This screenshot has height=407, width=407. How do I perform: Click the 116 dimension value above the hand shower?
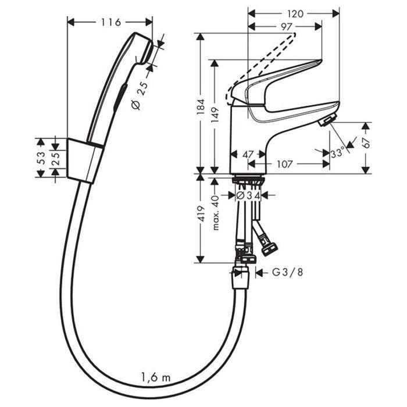(x=111, y=22)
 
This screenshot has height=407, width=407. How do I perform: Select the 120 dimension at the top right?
(x=295, y=14)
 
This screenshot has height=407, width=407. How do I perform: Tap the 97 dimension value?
(x=286, y=27)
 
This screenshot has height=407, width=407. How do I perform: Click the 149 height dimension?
(x=215, y=115)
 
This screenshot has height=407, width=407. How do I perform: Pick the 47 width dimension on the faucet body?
(x=248, y=155)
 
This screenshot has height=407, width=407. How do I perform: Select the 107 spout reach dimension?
(x=285, y=164)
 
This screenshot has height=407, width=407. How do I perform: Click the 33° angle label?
(x=337, y=153)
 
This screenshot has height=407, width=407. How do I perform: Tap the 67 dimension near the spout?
(x=366, y=143)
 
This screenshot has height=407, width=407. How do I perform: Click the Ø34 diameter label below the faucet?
(x=248, y=195)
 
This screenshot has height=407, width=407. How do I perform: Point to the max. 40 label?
(x=215, y=213)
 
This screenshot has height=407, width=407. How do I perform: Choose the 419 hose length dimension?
(x=201, y=214)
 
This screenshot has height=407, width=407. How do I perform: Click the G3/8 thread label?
(x=288, y=272)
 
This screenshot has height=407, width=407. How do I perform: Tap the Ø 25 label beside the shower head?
(x=140, y=96)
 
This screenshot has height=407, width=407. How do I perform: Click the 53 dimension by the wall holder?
(x=41, y=158)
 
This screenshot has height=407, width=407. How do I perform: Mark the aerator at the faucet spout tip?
(x=327, y=120)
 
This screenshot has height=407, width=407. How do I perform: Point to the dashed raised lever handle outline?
(x=259, y=68)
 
